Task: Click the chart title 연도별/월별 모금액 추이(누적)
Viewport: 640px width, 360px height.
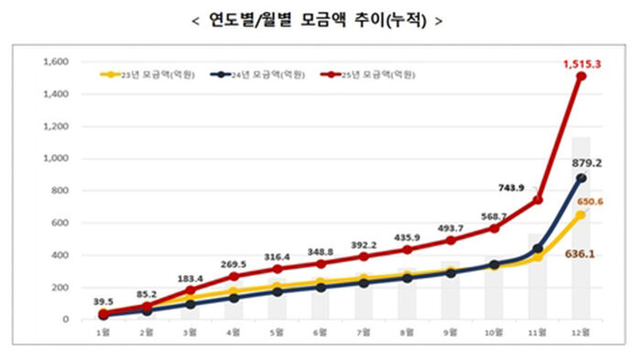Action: [x=320, y=20]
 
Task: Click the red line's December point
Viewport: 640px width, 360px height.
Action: [x=580, y=76]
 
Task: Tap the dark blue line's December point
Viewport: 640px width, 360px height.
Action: [x=580, y=179]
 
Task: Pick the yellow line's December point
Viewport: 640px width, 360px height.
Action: [x=580, y=215]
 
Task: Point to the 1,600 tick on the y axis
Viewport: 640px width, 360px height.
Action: [x=57, y=62]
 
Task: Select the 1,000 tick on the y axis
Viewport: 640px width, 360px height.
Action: [x=57, y=158]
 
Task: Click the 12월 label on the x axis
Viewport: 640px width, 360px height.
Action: [x=580, y=331]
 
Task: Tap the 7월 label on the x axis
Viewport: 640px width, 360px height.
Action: [x=363, y=331]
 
